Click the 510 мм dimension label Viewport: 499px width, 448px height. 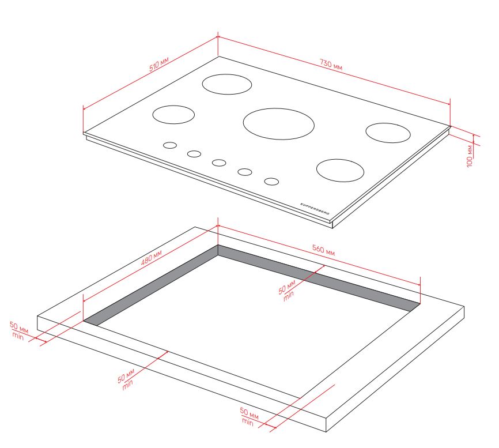click(159, 64)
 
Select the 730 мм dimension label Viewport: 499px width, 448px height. click(331, 65)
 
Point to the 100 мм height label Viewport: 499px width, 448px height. click(470, 156)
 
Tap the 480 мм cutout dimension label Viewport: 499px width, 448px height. click(152, 258)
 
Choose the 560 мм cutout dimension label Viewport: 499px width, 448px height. click(323, 250)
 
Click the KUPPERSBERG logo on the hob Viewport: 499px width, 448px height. click(315, 209)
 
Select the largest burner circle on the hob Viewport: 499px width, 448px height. click(279, 124)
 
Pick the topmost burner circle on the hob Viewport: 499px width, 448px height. click(227, 84)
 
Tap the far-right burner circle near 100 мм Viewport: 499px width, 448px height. click(388, 133)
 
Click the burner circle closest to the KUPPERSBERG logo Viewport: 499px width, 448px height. click(340, 170)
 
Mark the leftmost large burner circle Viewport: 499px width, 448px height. click(173, 115)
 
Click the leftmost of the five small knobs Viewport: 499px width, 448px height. click(170, 145)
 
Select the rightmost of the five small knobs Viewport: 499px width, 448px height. click(271, 182)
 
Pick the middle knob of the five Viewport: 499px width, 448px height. click(220, 163)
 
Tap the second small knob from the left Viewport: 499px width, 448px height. click(194, 154)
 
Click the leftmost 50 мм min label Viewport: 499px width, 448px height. click(18, 331)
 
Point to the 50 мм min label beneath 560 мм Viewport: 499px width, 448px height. click(288, 291)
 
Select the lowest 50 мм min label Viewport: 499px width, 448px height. click(249, 416)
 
